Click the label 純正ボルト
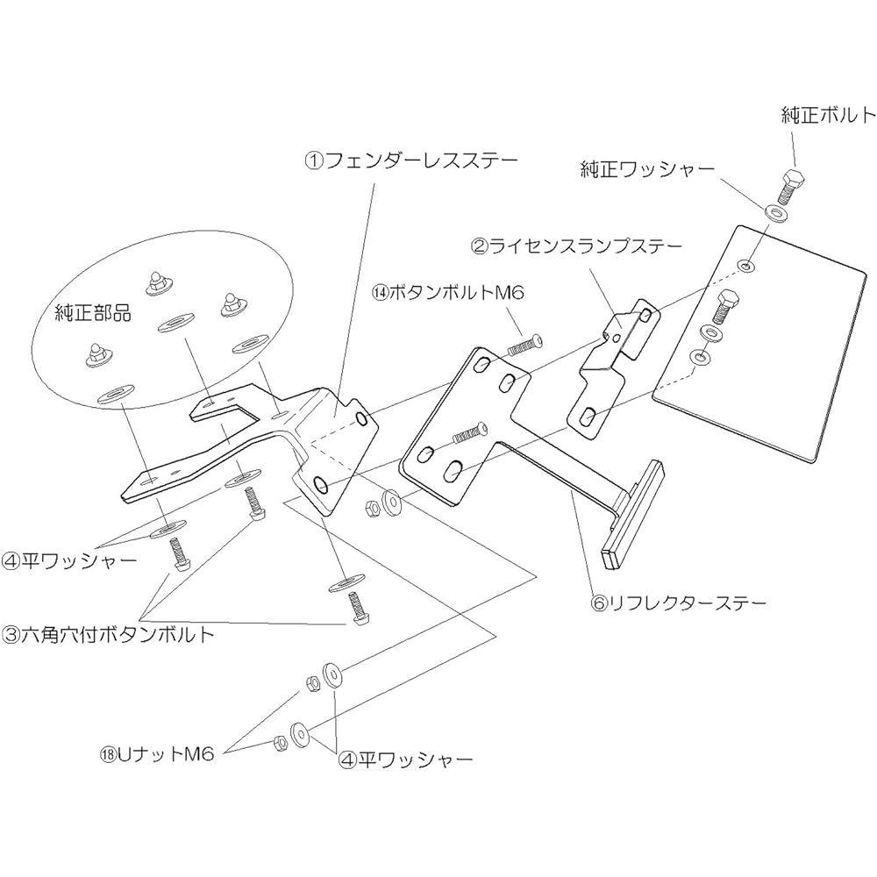pyautogui.click(x=829, y=115)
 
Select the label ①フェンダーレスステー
pyautogui.click(x=411, y=161)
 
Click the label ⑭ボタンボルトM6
pyautogui.click(x=449, y=292)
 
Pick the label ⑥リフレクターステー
pyautogui.click(x=678, y=603)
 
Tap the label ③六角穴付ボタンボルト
pyautogui.click(x=109, y=634)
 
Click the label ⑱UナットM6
pyautogui.click(x=157, y=754)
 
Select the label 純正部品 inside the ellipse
pyautogui.click(x=93, y=313)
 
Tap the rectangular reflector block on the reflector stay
pyautogui.click(x=632, y=514)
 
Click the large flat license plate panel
pyautogui.click(x=760, y=344)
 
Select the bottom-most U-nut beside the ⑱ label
pyautogui.click(x=281, y=742)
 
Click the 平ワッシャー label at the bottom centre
pyautogui.click(x=405, y=759)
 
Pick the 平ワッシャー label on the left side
pyautogui.click(x=69, y=560)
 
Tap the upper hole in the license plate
pyautogui.click(x=745, y=265)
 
